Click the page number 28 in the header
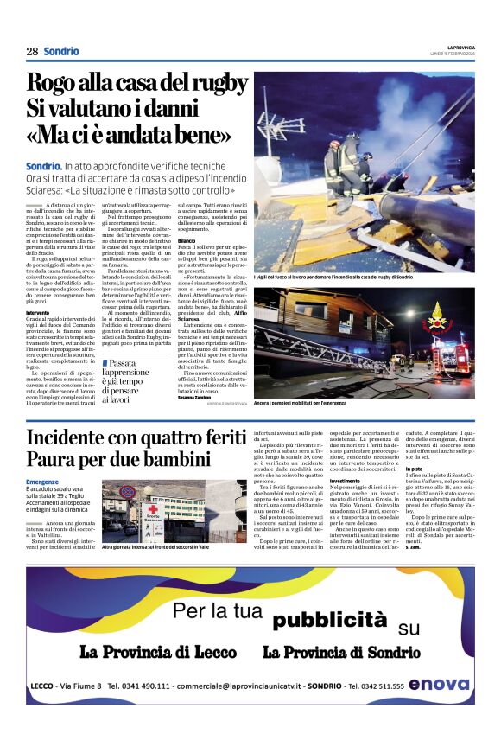[32, 52]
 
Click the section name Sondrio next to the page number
[61, 52]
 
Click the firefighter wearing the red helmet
[344, 162]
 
